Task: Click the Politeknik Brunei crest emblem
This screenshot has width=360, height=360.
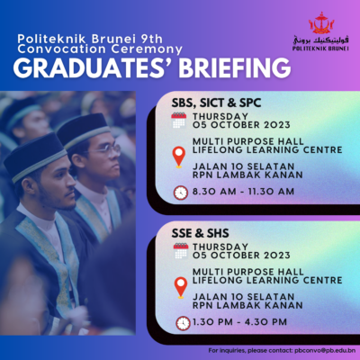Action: coord(321,22)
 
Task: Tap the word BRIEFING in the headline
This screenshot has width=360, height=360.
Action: coord(235,68)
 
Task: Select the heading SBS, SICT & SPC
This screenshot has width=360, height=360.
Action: coord(216,103)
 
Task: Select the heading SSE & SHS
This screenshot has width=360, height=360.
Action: coord(200,233)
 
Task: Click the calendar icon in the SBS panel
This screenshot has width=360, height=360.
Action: coord(179,121)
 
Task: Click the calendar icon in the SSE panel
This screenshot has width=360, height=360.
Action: coord(181,251)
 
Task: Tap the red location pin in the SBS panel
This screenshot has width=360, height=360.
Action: coord(179,157)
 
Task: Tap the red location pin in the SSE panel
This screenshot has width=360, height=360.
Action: coord(181,287)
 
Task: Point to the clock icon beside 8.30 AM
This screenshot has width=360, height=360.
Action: coord(181,193)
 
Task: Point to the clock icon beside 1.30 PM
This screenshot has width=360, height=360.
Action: coord(183,323)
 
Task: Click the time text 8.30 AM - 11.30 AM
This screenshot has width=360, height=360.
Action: coord(243,192)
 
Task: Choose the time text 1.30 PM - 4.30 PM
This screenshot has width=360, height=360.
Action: coord(239,322)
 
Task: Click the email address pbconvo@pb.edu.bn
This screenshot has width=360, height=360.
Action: coord(325,350)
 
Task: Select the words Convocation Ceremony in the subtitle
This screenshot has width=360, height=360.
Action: coord(100,49)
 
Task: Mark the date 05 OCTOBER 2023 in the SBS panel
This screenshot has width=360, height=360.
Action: coord(241,125)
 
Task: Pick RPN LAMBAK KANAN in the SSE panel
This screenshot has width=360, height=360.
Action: coord(247,305)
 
